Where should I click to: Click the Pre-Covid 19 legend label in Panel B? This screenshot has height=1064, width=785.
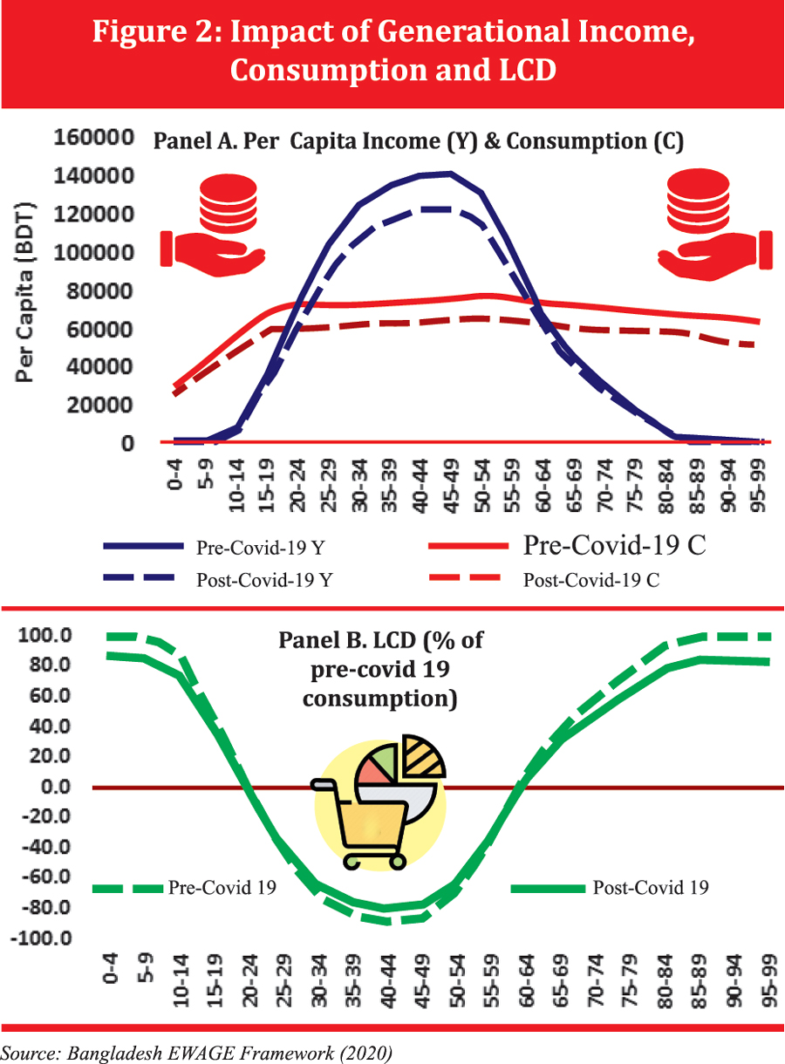pyautogui.click(x=222, y=888)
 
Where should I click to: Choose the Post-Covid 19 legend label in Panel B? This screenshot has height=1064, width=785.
pyautogui.click(x=651, y=888)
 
